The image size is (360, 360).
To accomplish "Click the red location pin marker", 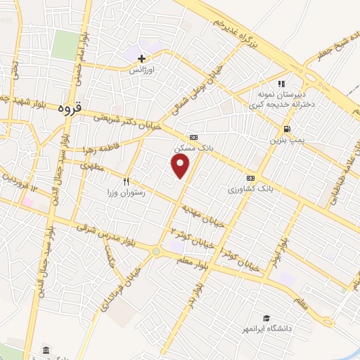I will click(181, 165).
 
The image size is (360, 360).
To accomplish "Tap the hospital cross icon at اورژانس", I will click(142, 59).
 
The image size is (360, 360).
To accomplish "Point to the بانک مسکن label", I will click(190, 148).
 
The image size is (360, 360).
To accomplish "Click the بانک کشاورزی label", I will click(250, 190).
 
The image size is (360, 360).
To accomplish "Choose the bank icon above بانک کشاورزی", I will click(251, 178).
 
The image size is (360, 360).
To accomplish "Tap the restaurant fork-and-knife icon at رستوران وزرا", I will click(127, 181).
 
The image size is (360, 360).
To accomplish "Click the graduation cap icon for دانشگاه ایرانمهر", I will click(266, 318).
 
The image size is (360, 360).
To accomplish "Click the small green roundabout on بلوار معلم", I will click(156, 251).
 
